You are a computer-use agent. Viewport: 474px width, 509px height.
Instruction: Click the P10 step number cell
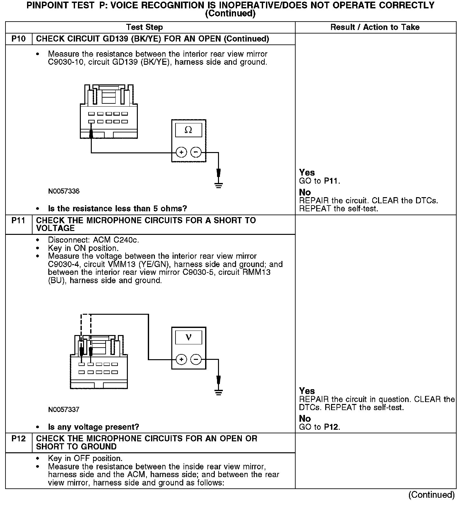[x=18, y=39]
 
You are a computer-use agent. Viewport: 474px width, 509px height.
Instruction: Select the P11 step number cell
[x=18, y=221]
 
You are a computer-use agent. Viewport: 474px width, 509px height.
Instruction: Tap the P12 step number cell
[x=18, y=439]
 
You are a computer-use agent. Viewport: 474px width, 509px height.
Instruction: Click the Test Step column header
[x=145, y=27]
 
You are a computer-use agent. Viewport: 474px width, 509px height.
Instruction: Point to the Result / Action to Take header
[x=375, y=27]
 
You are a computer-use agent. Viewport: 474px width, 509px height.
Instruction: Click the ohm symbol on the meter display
[x=188, y=130]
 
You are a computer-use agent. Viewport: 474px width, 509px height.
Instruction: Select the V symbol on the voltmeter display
[x=188, y=337]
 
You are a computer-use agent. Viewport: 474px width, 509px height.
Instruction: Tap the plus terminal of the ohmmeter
[x=182, y=152]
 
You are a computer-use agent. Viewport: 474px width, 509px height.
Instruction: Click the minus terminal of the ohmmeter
[x=196, y=152]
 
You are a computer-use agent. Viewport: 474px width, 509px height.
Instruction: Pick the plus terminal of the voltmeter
[x=182, y=359]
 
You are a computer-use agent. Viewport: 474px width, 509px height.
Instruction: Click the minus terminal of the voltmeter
[x=196, y=359]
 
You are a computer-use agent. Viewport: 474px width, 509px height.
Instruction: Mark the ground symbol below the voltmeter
[x=219, y=392]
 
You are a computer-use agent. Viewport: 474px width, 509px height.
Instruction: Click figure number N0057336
[x=64, y=191]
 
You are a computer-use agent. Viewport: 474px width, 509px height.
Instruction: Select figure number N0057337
[x=64, y=410]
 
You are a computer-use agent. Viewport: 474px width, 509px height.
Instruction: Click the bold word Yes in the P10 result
[x=307, y=173]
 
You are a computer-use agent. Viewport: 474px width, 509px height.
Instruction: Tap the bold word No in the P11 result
[x=305, y=418]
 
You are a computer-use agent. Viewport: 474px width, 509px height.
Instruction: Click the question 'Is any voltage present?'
[x=93, y=427]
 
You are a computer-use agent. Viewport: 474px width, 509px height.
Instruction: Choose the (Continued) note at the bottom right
[x=431, y=495]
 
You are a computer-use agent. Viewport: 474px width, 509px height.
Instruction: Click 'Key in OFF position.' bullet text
[x=85, y=458]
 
